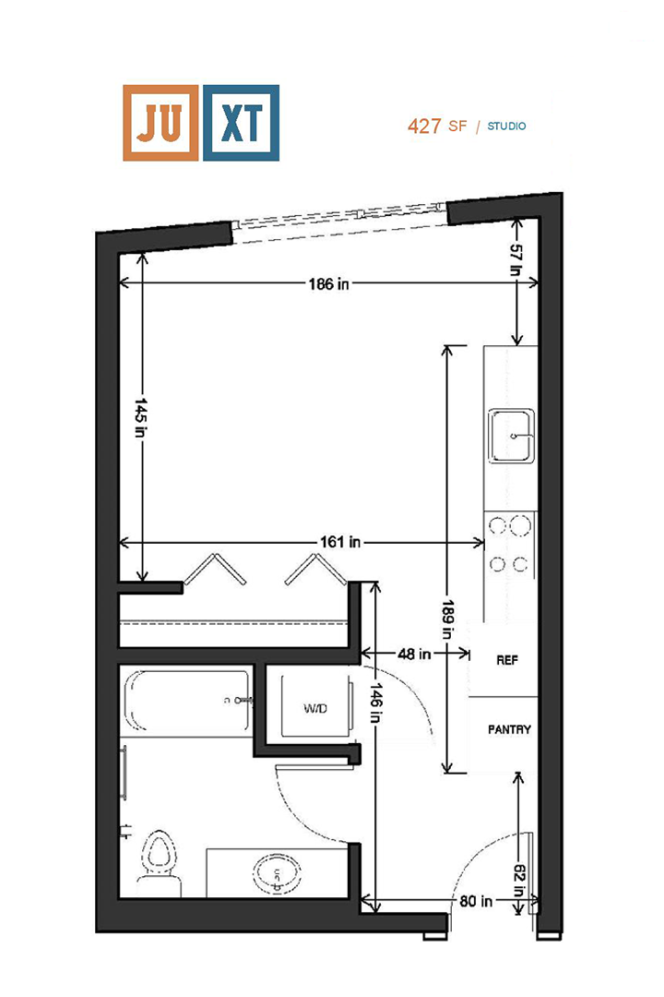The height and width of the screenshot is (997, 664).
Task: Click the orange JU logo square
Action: point(160,123)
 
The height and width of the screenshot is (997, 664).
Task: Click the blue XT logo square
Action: point(241,123)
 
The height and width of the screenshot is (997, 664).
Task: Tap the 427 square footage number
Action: point(424,126)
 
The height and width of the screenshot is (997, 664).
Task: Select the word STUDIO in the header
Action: point(507,126)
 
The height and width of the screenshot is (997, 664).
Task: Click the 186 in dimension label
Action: point(328,283)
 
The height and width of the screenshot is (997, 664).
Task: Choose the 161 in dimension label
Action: point(341,543)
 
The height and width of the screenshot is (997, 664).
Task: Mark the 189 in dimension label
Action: point(449,619)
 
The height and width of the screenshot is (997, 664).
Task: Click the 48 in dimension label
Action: point(415,654)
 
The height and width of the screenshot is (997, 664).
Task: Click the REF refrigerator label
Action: point(507,660)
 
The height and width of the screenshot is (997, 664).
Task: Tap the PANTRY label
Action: point(509,729)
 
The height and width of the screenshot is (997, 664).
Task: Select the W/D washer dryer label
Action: point(316,708)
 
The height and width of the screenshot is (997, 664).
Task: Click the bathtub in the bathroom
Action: point(187,702)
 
